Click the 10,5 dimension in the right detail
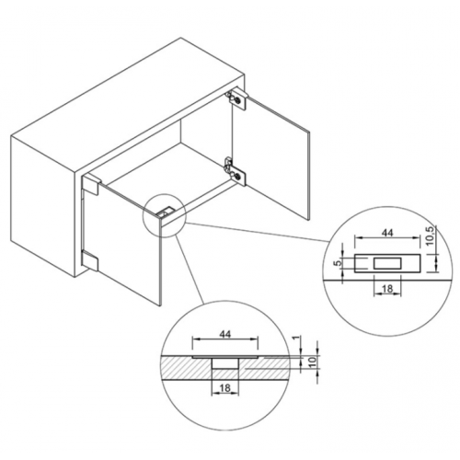pos(430,236)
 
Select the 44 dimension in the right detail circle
pos(387,233)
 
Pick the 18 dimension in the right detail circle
pos(387,288)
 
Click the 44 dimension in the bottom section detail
pos(225,334)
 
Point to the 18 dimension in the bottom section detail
pos(224,388)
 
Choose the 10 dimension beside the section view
pos(313,362)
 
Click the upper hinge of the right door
pos(236,98)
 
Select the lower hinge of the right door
pos(236,171)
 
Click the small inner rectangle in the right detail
pos(387,263)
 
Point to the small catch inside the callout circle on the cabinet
pos(167,213)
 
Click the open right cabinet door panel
pos(271,158)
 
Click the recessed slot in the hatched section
pos(225,363)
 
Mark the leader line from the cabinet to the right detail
pos(258,232)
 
